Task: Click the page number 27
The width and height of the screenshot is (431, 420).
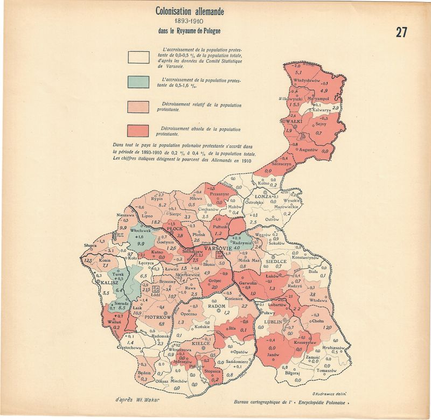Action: click(x=401, y=32)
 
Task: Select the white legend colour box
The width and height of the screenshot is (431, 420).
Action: click(x=138, y=57)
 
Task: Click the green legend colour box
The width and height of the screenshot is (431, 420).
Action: click(x=138, y=81)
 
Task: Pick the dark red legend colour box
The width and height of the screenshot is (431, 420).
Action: click(x=138, y=131)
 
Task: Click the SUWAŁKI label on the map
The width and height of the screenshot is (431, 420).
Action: click(x=289, y=122)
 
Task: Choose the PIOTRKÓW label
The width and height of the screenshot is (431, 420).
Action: click(x=158, y=317)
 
